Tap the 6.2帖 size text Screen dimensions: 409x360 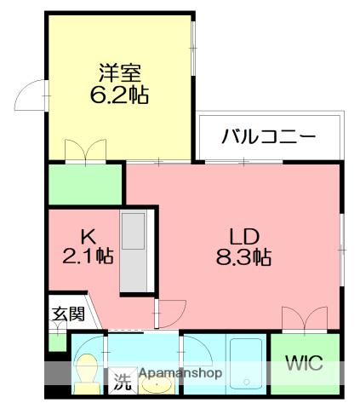pos(118,95)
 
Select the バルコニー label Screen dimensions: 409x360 pos(269,136)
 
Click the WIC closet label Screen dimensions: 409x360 pos(303,364)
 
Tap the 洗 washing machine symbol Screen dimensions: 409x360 pos(123,383)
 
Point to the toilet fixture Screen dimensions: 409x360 pos(85,372)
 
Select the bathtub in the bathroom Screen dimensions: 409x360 pos(246,364)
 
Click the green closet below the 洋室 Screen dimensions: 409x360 pos(86,183)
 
